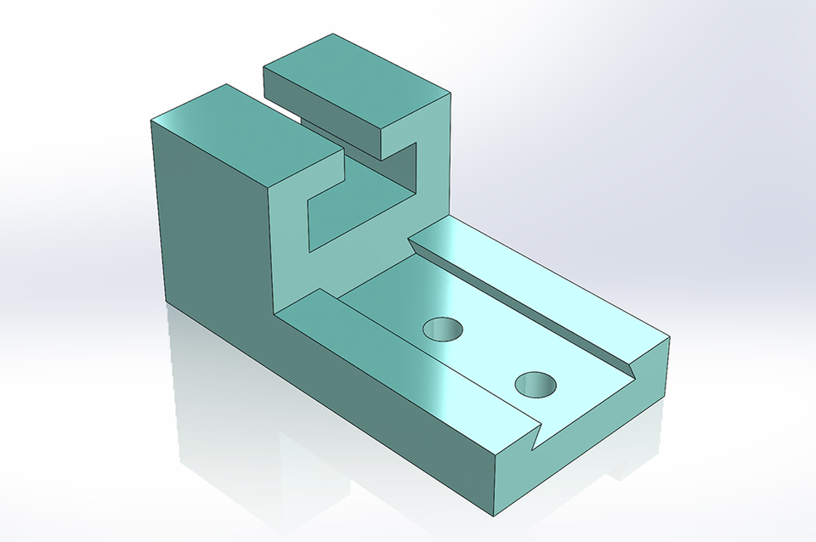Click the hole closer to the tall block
pos(443,329)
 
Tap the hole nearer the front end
pos(535,386)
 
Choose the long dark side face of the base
pos(382,408)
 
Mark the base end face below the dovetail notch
pos(595,442)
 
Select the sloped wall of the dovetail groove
pos(527,302)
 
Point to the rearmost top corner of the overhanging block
pos(332,35)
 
